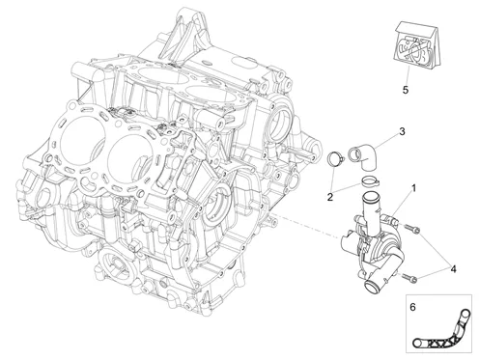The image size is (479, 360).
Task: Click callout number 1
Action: pyautogui.click(x=414, y=188)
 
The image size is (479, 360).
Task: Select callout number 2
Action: pyautogui.click(x=330, y=197)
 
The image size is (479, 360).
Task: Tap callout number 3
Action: pyautogui.click(x=402, y=131)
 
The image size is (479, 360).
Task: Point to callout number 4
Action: pyautogui.click(x=453, y=268)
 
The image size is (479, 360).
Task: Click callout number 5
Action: pyautogui.click(x=406, y=90)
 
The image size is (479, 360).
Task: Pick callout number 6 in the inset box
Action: pyautogui.click(x=412, y=307)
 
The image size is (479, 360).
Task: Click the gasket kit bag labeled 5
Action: pyautogui.click(x=416, y=45)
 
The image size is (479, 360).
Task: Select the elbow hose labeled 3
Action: pyautogui.click(x=363, y=157)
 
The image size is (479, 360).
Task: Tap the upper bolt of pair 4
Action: pyautogui.click(x=411, y=229)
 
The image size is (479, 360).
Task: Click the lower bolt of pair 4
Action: pyautogui.click(x=409, y=277)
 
